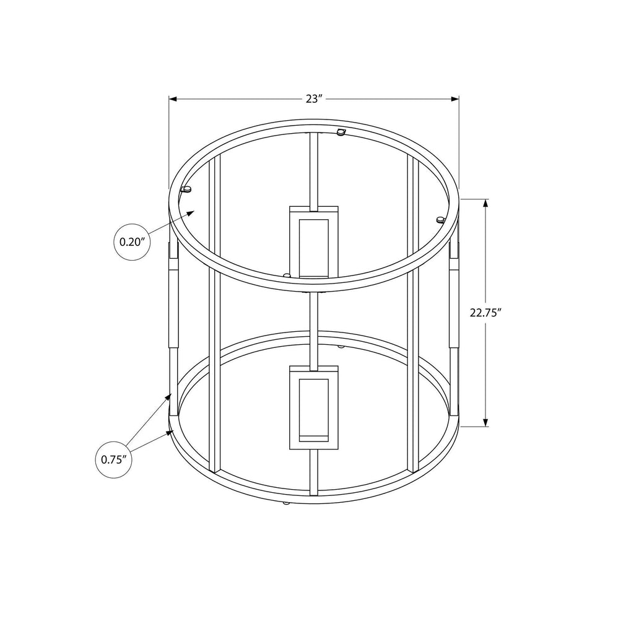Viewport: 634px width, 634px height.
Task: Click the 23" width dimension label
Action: (x=314, y=98)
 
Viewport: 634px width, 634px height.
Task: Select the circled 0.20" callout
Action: (x=132, y=242)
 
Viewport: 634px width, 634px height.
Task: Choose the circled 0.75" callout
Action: (x=114, y=460)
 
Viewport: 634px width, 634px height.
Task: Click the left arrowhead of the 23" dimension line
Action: (x=173, y=98)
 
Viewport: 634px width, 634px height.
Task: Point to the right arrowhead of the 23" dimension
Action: (x=455, y=98)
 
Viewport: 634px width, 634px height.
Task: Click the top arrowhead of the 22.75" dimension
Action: (x=485, y=203)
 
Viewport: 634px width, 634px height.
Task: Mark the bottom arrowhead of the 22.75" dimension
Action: (x=485, y=422)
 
